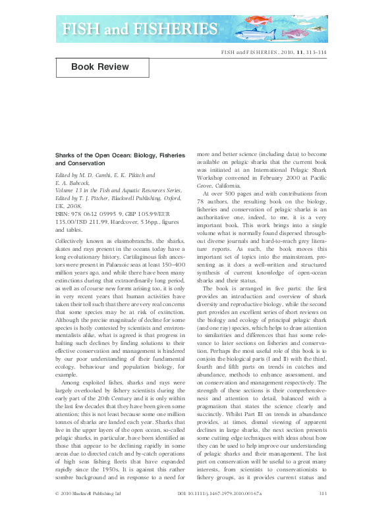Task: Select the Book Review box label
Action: pos(101,67)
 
